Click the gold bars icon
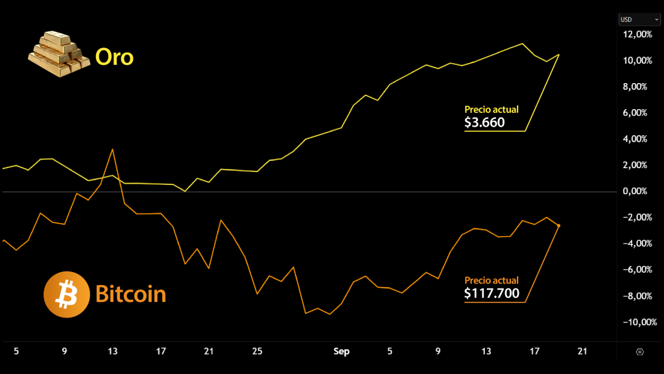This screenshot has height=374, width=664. point(58,55)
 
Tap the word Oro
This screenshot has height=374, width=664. point(114,57)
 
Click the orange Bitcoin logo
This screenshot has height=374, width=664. point(65,295)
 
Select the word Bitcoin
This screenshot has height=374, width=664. point(130,294)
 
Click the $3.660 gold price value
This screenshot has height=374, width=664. point(484,122)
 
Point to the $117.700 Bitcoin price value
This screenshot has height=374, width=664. point(492,293)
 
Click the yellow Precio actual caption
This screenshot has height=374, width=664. point(492,110)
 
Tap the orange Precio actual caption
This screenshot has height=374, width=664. point(492,280)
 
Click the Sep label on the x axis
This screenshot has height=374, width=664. point(341,351)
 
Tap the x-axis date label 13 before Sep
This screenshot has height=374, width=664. point(113,351)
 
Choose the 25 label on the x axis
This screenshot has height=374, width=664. point(257,351)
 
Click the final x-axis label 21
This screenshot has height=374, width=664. point(582,351)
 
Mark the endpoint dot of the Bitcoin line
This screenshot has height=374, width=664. point(559,225)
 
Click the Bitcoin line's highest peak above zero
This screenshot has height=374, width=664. point(113,149)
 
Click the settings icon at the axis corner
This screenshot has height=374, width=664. point(640,352)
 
